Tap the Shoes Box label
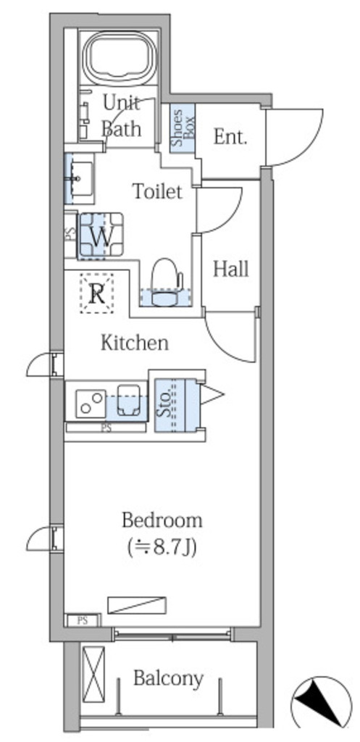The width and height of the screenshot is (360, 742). (183, 128)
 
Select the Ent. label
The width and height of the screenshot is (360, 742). (230, 137)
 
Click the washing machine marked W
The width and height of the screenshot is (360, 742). (100, 235)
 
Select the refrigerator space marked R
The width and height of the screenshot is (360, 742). (97, 293)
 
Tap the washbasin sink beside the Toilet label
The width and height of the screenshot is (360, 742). (80, 178)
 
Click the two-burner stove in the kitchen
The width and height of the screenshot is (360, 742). (91, 403)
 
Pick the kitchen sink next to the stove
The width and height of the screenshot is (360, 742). (129, 400)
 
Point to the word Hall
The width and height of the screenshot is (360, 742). (231, 270)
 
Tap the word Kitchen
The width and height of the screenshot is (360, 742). (135, 343)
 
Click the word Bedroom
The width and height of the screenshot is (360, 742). (162, 520)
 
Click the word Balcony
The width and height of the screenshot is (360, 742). (168, 678)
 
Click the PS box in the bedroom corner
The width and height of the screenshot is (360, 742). (83, 621)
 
